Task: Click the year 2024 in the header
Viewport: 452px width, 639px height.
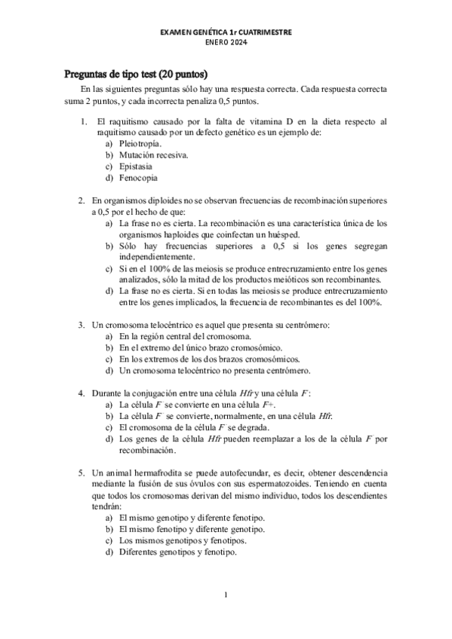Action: [237, 43]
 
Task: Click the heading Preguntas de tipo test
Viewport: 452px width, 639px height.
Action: [135, 75]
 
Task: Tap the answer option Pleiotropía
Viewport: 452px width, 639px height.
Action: [140, 143]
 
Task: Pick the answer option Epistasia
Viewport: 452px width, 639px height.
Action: [136, 166]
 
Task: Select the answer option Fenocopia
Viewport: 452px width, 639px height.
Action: [138, 178]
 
